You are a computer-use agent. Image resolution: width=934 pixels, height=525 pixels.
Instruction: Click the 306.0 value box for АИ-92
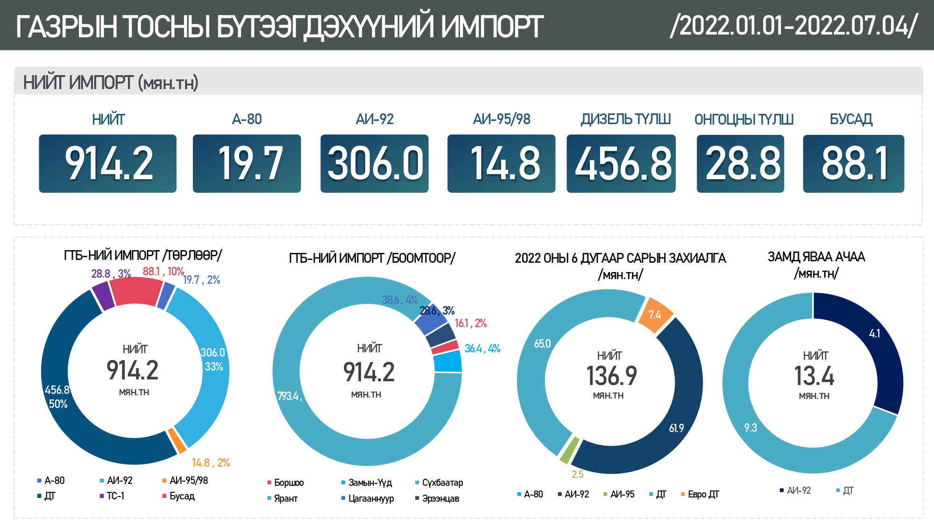click(x=375, y=163)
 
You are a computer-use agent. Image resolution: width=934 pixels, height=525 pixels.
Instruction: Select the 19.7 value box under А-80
click(x=247, y=163)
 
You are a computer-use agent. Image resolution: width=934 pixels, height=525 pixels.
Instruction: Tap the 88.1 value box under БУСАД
click(x=853, y=163)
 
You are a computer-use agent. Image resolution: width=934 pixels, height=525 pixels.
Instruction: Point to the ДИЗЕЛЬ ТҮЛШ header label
click(x=625, y=119)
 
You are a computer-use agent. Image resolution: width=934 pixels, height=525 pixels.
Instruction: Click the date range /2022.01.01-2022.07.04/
click(x=794, y=26)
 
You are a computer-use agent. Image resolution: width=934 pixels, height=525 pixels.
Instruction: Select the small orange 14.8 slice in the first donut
click(x=177, y=440)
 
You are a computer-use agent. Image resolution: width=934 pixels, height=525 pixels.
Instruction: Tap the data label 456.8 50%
click(x=57, y=397)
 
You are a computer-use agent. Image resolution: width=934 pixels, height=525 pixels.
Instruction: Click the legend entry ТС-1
click(x=115, y=496)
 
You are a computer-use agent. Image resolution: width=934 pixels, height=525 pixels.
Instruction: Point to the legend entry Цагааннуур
click(x=371, y=498)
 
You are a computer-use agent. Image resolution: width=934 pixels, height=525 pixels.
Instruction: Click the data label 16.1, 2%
click(x=470, y=323)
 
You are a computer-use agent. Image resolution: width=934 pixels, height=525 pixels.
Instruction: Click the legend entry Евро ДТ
click(x=703, y=494)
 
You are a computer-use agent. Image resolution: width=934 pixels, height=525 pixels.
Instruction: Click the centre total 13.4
click(x=814, y=376)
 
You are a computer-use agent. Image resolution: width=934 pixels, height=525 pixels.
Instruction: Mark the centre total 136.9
click(x=611, y=376)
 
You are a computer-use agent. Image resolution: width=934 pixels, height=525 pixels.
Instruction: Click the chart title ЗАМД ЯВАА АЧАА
click(x=816, y=257)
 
